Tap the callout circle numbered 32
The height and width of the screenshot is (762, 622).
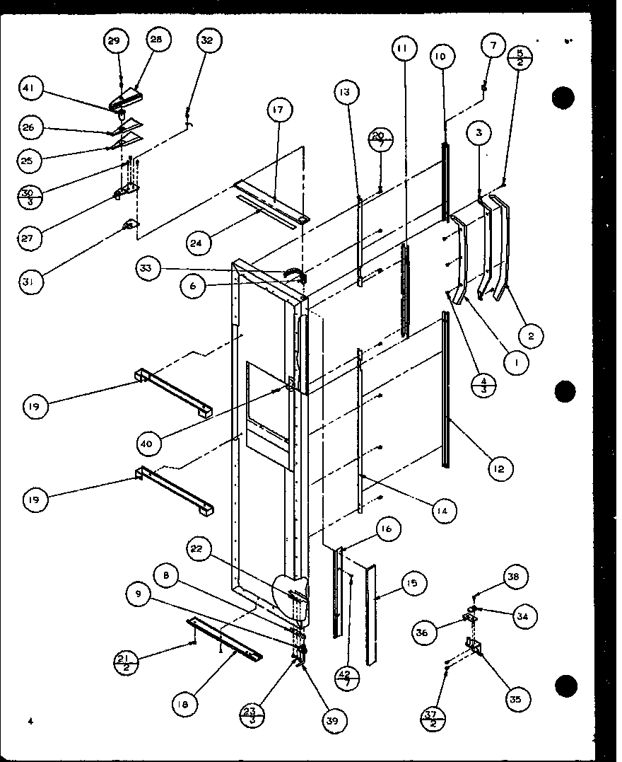click(206, 40)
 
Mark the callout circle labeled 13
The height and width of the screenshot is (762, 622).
click(347, 92)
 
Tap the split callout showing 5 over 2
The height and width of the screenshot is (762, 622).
click(520, 57)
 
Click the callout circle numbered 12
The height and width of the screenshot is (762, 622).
click(500, 468)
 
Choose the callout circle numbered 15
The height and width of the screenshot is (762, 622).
click(411, 584)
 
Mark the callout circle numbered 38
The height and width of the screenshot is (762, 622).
click(515, 577)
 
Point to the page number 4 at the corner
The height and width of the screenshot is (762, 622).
click(31, 721)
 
